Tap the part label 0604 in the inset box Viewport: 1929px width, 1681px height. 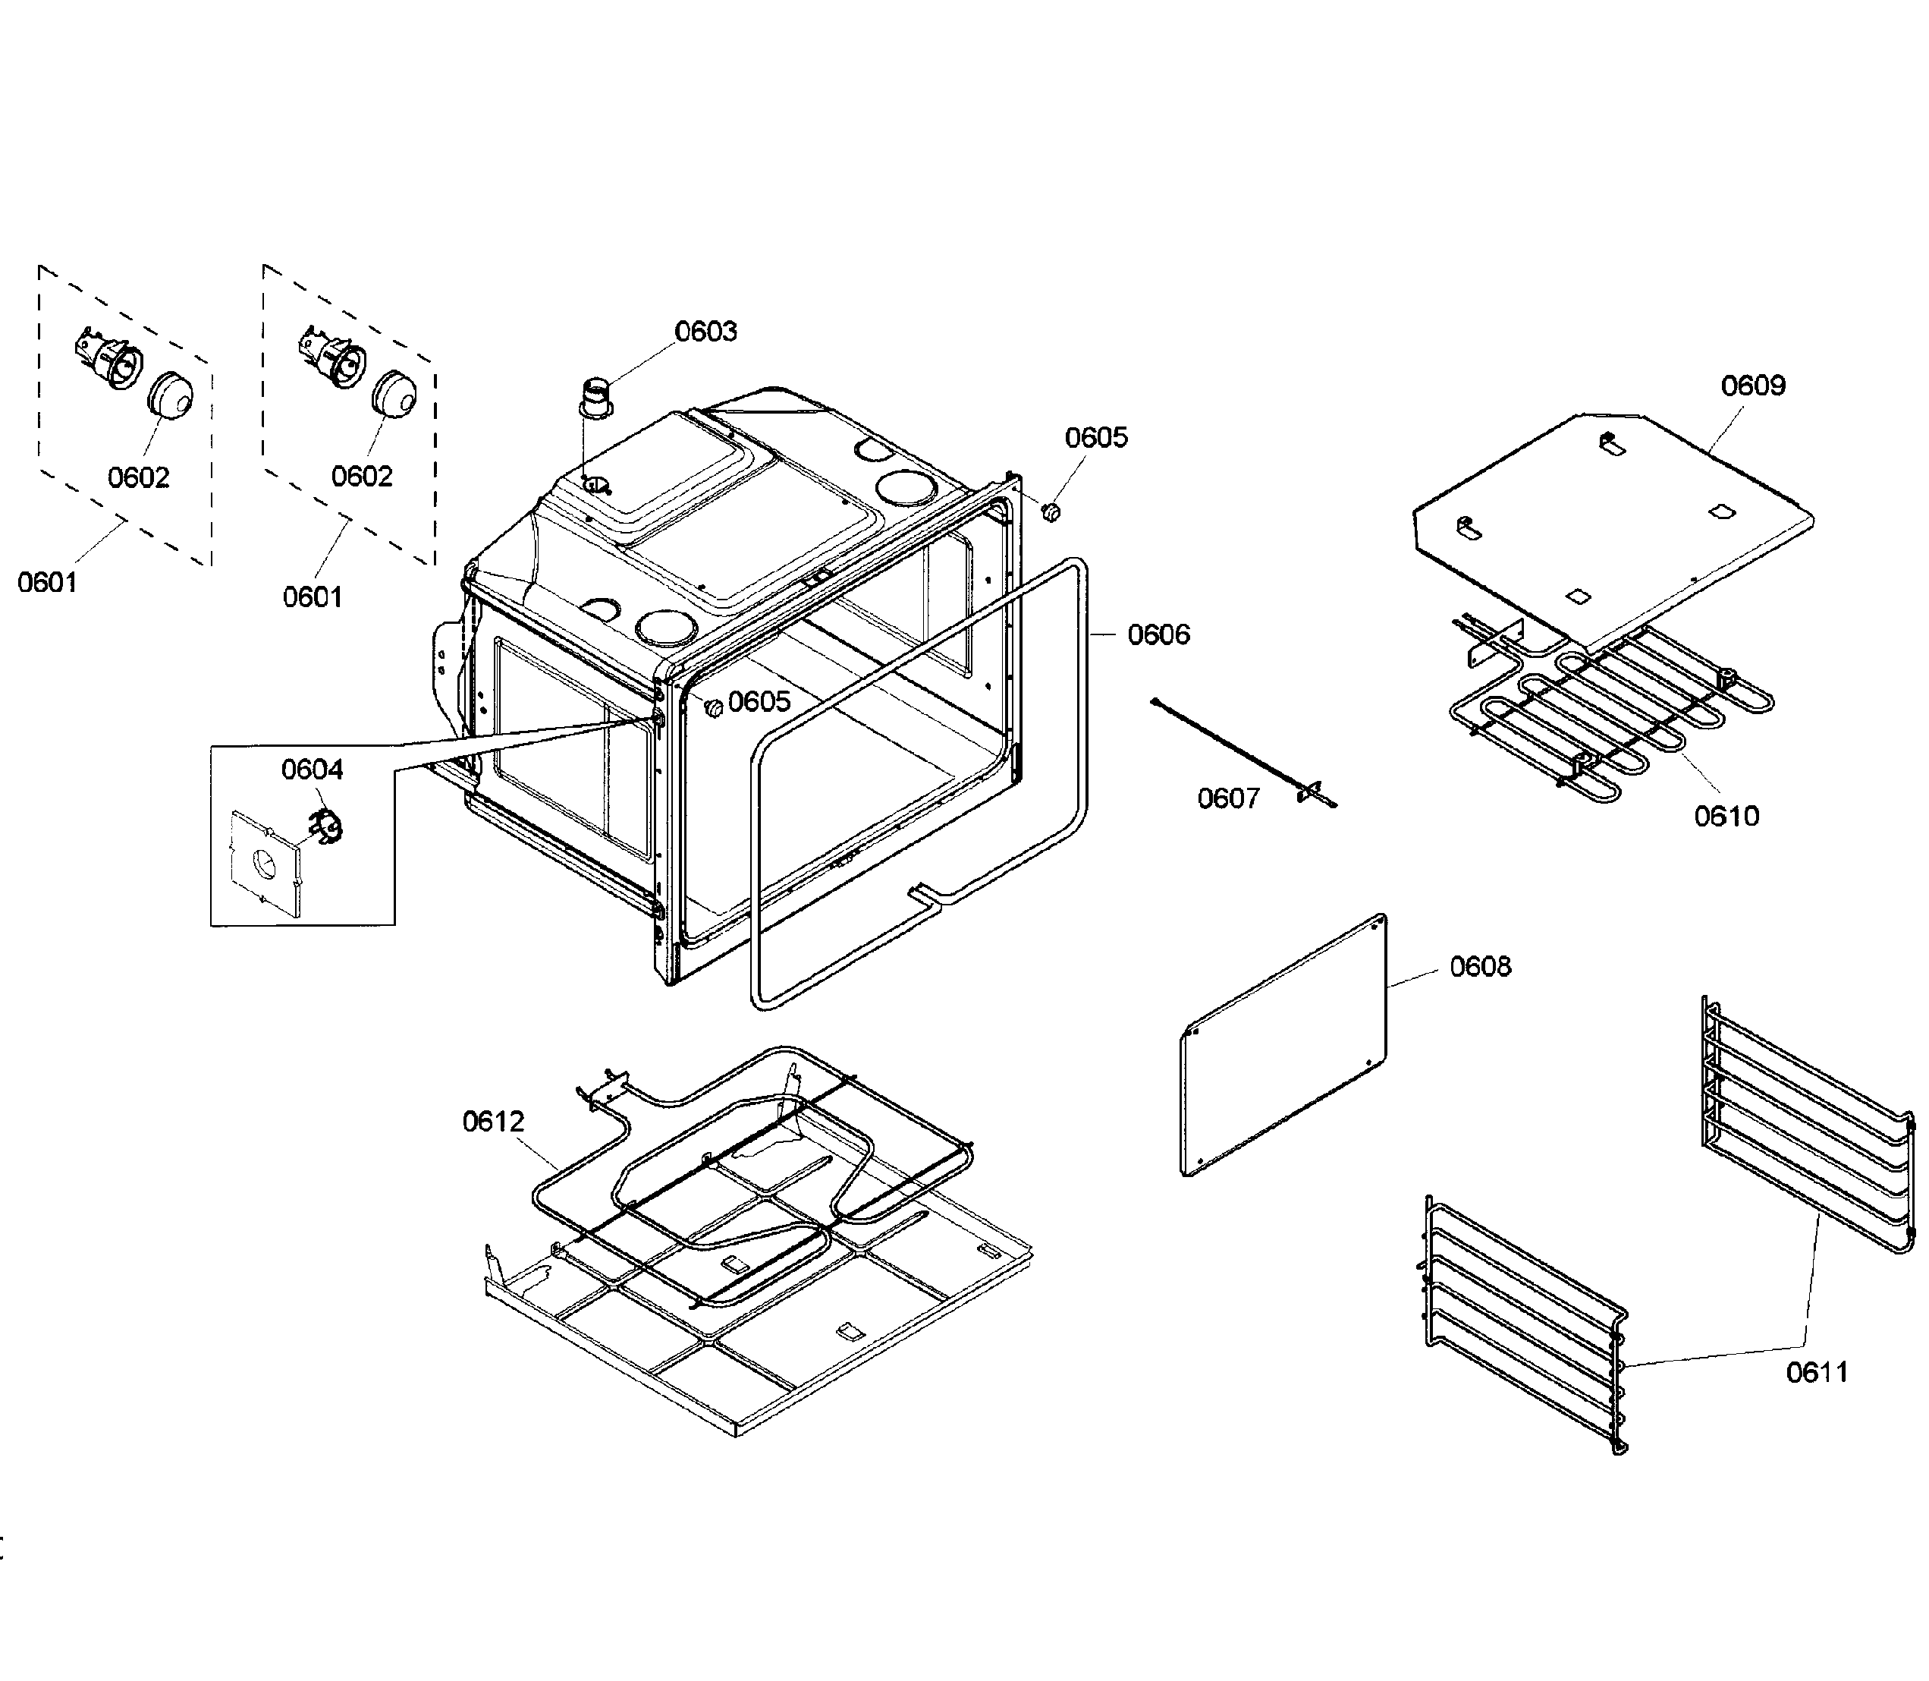point(313,770)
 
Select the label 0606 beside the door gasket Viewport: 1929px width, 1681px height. point(1158,635)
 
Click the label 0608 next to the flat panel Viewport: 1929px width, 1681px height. point(1480,966)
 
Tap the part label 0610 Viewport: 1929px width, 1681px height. point(1726,816)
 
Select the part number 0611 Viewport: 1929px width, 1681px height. point(1817,1372)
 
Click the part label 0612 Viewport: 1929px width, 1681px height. point(492,1121)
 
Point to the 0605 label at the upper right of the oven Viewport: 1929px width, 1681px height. point(1095,438)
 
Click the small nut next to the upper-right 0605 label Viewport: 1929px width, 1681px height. point(1051,512)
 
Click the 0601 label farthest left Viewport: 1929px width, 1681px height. point(47,583)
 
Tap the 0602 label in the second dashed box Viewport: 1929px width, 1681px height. point(361,477)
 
